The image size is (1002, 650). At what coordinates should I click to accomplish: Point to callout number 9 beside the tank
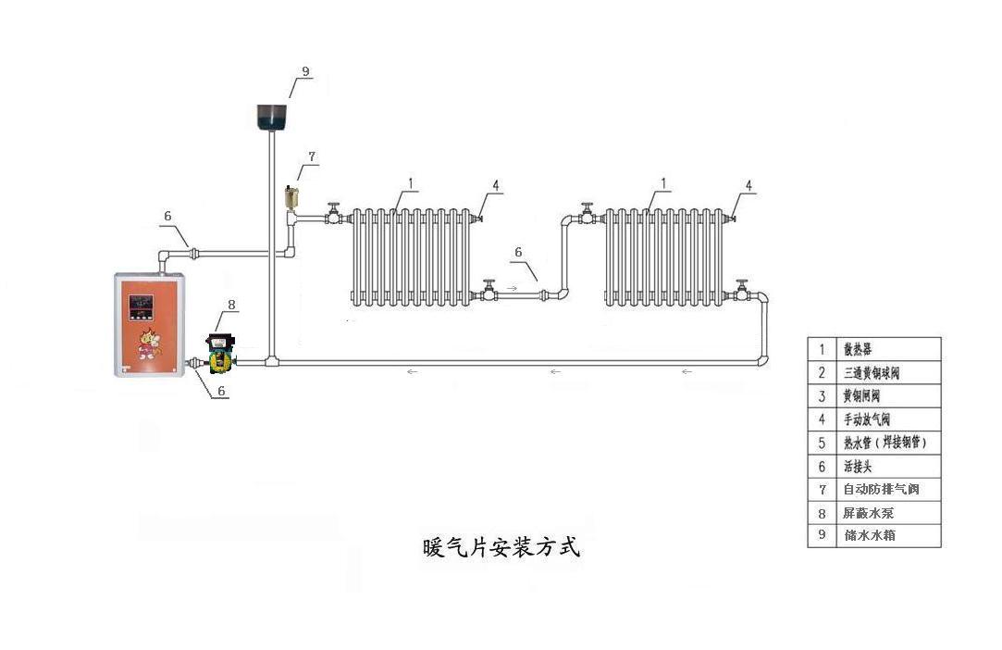pyautogui.click(x=305, y=71)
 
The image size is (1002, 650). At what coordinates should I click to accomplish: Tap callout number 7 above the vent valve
pyautogui.click(x=312, y=157)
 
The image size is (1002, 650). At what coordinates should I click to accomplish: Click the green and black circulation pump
pyautogui.click(x=220, y=352)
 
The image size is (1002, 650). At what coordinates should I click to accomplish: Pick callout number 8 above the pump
pyautogui.click(x=231, y=304)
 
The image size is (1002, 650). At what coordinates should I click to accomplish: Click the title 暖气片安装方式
pyautogui.click(x=501, y=547)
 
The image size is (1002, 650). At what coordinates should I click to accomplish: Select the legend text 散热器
pyautogui.click(x=856, y=350)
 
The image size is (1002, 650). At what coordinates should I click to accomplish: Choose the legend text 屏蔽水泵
pyautogui.click(x=868, y=512)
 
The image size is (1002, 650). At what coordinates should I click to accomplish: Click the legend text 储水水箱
pyautogui.click(x=868, y=535)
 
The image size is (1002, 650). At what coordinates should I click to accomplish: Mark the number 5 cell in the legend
pyautogui.click(x=822, y=443)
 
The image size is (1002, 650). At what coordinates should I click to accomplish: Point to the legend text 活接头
pyautogui.click(x=857, y=466)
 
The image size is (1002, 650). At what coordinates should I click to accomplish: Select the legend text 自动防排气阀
pyautogui.click(x=879, y=489)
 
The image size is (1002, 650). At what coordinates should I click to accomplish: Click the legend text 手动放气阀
pyautogui.click(x=867, y=419)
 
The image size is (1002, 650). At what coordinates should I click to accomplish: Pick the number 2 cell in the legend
pyautogui.click(x=822, y=373)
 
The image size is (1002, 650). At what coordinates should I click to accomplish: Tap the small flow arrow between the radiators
pyautogui.click(x=512, y=289)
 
